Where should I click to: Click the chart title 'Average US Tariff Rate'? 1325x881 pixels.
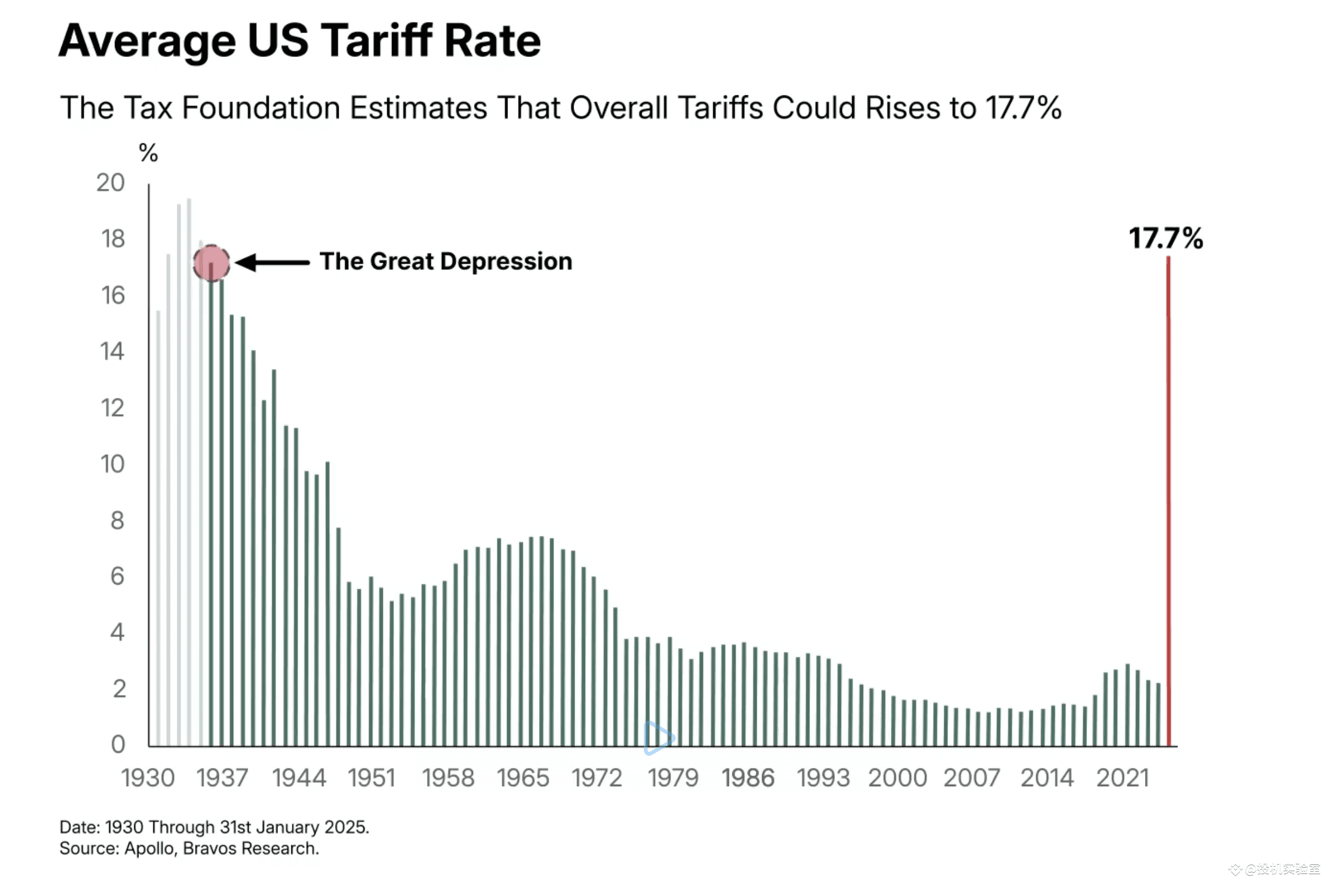299,41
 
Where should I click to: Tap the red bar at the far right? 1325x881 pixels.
1168,505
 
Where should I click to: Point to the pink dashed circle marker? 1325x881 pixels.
211,263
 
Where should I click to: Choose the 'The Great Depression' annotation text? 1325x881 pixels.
446,262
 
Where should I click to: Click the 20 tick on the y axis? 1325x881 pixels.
110,183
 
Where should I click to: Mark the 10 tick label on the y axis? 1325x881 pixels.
112,464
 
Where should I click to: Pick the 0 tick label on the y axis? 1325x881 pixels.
118,745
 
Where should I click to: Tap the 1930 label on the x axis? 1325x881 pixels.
148,778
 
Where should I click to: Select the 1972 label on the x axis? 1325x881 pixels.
596,778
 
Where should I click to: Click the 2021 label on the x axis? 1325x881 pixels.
1122,778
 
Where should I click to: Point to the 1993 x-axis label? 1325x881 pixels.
823,778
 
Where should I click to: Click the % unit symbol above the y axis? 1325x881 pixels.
148,153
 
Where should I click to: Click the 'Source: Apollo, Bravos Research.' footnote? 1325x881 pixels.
189,849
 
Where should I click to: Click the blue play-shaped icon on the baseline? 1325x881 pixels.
658,738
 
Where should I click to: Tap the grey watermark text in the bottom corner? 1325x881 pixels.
1275,870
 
